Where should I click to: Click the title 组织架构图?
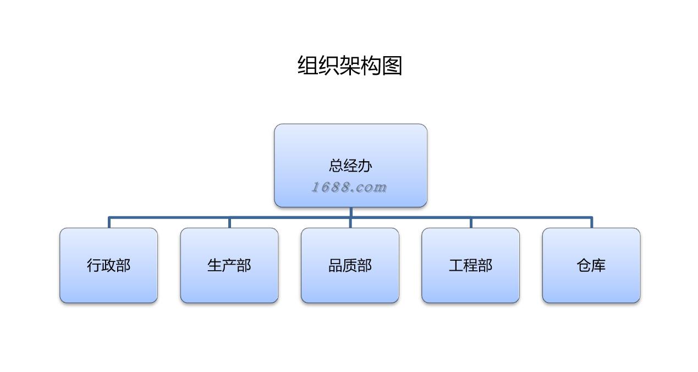pos(350,65)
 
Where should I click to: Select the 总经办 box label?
pos(350,165)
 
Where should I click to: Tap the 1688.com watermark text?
pos(349,187)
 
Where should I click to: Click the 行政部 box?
pos(108,265)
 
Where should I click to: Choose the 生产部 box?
pos(229,265)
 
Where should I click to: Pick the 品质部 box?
pos(350,265)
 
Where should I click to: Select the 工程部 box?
pos(470,265)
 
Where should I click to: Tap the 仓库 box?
pos(591,265)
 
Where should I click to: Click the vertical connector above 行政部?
pos(109,222)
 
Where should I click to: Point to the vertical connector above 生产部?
pos(229,222)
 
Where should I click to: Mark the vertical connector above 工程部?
pos(471,222)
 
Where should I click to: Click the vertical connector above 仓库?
pos(591,222)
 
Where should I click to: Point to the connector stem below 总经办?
pos(350,212)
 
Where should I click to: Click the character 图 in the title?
pos(392,65)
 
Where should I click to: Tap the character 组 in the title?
pos(308,65)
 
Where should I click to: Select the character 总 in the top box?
pos(336,165)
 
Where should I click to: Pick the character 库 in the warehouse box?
pos(598,265)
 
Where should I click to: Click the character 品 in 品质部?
pos(336,265)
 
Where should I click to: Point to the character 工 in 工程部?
pos(456,265)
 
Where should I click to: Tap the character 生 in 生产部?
pos(215,265)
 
